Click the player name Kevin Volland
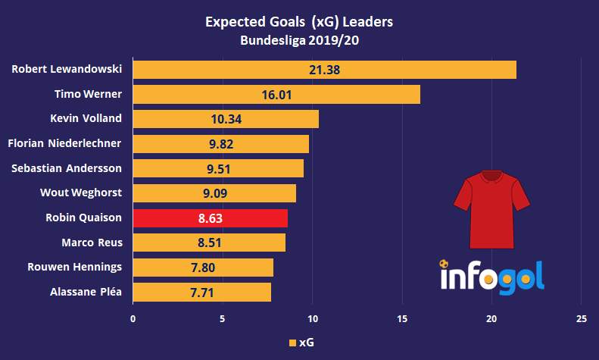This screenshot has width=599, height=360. click(x=90, y=119)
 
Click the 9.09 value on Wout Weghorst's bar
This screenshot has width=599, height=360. click(x=215, y=193)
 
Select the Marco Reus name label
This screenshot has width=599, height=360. click(x=92, y=243)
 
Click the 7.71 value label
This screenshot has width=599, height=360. click(x=201, y=293)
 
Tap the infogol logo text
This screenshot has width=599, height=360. click(x=492, y=277)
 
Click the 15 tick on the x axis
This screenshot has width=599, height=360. click(x=402, y=318)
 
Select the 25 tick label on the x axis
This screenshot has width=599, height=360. click(x=581, y=318)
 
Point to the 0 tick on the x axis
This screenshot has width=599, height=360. click(x=133, y=318)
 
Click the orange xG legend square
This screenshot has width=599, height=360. click(x=292, y=343)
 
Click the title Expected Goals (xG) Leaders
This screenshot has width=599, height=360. click(x=299, y=23)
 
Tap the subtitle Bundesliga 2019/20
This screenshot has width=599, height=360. click(x=299, y=41)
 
